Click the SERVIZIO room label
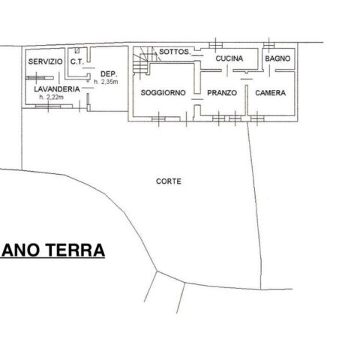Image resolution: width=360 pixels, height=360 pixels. click(45, 61)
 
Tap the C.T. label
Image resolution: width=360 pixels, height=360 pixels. click(77, 61)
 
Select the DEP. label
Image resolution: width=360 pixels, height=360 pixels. click(109, 74)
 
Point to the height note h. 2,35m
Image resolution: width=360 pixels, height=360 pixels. click(106, 82)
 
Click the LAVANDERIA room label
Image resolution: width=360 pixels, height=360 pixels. click(57, 89)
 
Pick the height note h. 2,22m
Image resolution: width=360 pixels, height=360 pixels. click(51, 97)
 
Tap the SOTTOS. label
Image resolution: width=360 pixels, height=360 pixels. click(175, 52)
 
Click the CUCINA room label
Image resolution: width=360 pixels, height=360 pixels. click(229, 58)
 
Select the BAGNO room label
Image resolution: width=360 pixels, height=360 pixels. click(277, 58)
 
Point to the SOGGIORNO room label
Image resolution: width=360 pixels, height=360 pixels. click(163, 93)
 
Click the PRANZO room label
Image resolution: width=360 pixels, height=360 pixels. click(222, 93)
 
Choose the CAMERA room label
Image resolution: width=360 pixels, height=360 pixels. click(270, 93)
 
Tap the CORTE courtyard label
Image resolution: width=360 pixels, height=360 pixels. click(169, 181)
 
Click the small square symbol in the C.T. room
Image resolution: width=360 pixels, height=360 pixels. click(77, 50)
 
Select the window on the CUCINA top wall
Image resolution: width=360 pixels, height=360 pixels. click(216, 45)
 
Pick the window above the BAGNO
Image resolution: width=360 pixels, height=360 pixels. click(268, 45)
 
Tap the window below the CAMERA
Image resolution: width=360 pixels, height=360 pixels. click(257, 118)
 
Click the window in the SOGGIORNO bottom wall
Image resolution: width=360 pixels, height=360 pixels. click(158, 119)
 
